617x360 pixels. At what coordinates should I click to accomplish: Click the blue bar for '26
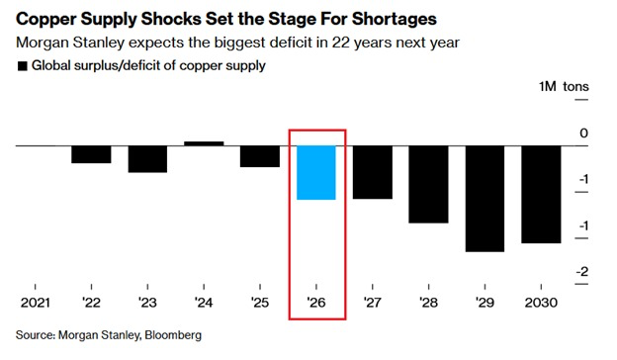316,172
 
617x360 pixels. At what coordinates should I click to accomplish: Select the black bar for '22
91,154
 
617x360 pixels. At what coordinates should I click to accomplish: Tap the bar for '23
147,159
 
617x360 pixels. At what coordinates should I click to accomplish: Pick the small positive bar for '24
204,143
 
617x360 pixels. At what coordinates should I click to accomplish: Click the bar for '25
260,156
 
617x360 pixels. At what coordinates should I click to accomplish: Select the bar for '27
373,172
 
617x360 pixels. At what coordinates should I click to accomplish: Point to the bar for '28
428,184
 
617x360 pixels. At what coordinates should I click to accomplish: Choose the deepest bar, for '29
485,199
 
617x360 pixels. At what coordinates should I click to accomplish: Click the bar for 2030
541,194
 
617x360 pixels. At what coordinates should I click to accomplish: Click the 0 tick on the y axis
583,133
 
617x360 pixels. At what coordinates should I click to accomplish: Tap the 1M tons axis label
563,87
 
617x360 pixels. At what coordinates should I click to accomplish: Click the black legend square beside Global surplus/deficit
22,66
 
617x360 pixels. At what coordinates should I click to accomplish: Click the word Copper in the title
45,20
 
